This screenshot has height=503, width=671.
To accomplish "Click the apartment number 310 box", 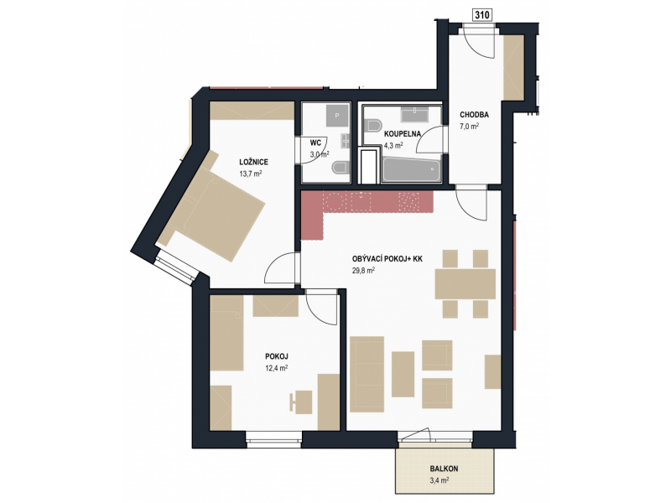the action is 481,15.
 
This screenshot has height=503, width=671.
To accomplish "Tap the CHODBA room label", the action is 474,115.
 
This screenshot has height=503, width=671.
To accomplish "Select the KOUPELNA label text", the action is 403,134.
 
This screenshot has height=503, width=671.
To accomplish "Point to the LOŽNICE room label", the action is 254,162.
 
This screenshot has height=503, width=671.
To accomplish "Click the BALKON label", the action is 444,469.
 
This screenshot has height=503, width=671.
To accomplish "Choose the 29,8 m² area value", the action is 364,270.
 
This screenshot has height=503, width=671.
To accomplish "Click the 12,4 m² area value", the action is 276,367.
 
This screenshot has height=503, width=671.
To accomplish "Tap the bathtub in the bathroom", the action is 411,171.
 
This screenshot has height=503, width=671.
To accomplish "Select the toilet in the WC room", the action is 341,168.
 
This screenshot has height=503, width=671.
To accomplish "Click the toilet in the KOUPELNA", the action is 374,125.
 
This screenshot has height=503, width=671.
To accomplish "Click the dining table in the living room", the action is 466,283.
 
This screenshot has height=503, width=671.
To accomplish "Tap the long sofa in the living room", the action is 367,374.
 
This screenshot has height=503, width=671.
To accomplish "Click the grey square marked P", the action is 337,116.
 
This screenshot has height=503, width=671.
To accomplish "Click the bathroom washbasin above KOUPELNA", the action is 414,114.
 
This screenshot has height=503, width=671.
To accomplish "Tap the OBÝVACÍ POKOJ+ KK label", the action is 388,259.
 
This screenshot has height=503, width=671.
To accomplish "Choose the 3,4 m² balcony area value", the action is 440,480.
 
